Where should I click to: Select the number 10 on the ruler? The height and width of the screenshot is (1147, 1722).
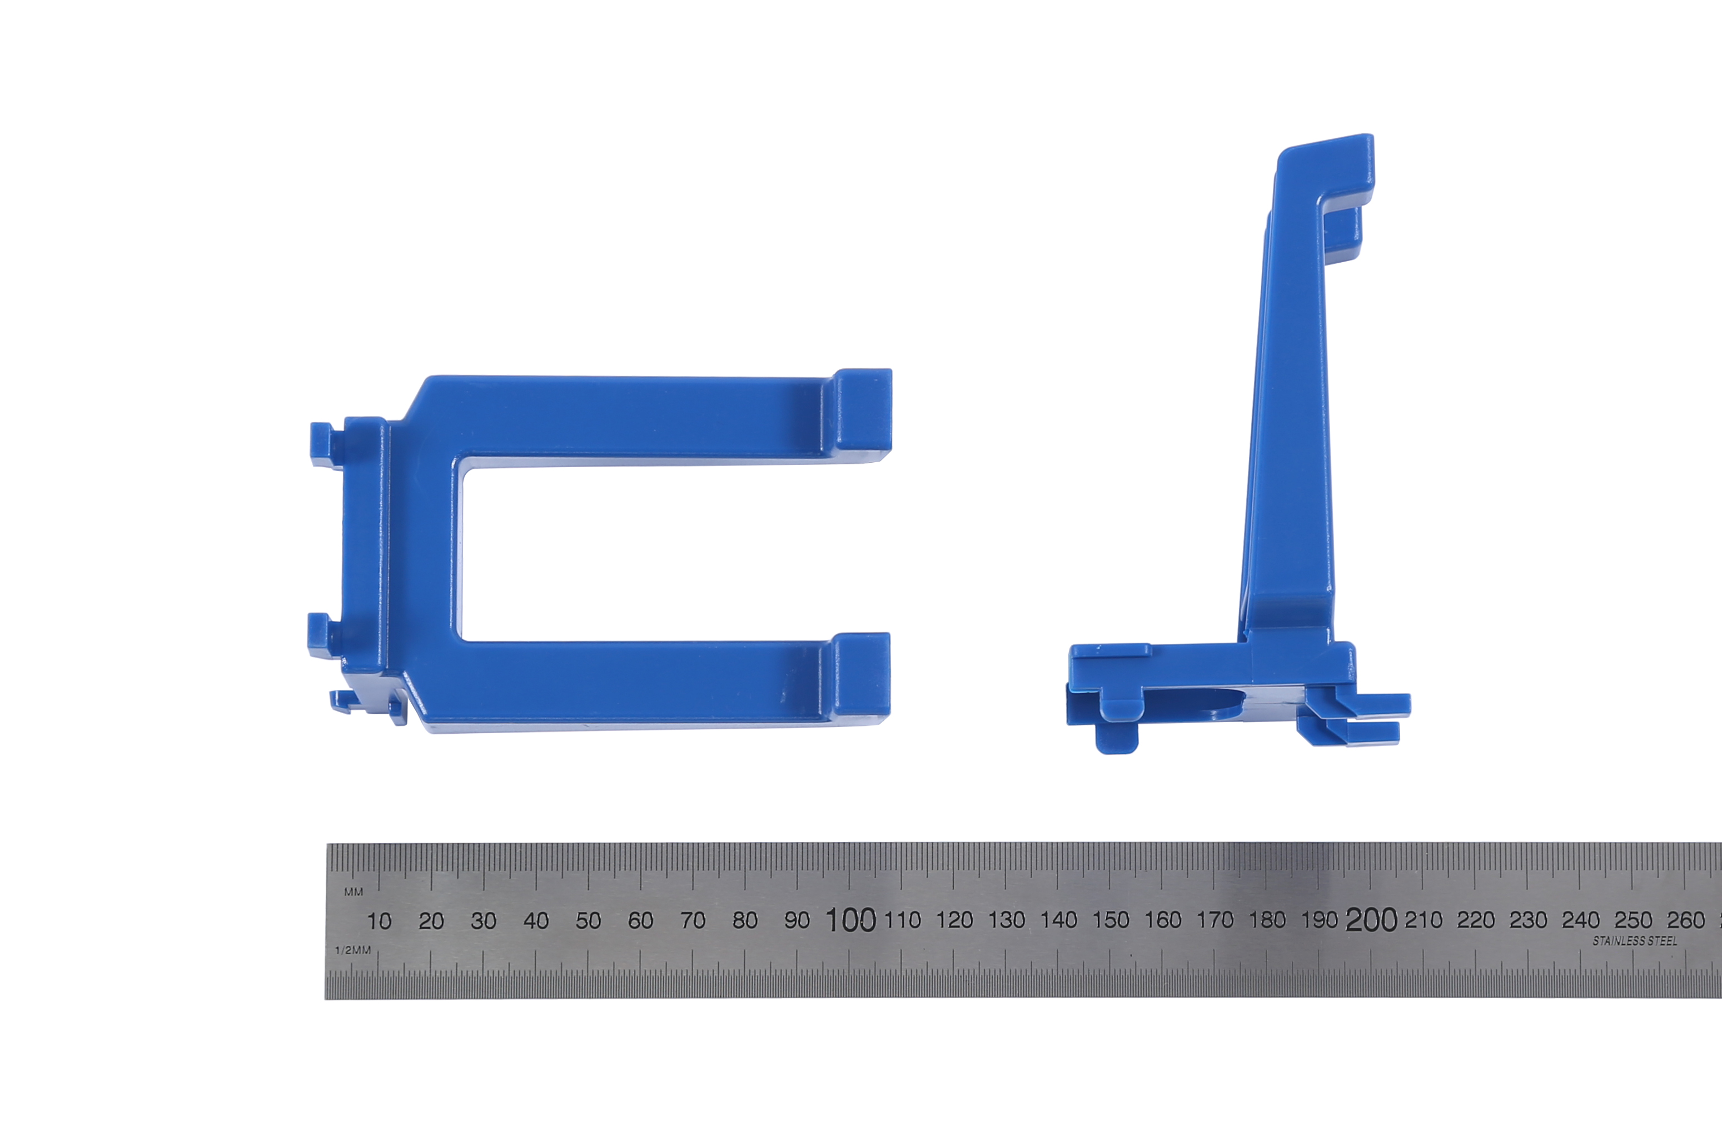pyautogui.click(x=379, y=921)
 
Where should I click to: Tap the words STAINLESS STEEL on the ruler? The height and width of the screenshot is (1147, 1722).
pyautogui.click(x=1635, y=941)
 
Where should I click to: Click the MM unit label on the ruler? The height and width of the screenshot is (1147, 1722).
pyautogui.click(x=354, y=891)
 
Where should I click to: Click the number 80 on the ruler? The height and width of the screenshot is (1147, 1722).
pyautogui.click(x=745, y=920)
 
